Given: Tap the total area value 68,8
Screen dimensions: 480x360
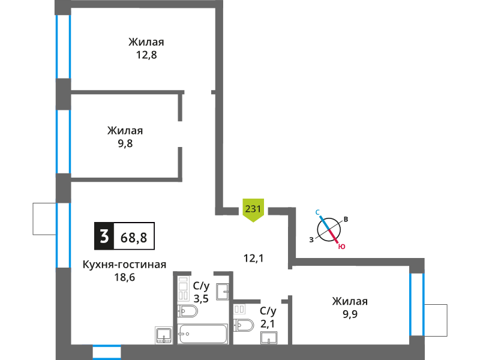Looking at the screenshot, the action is pyautogui.click(x=134, y=238).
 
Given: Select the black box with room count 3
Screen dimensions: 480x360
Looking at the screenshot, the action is pyautogui.click(x=104, y=236).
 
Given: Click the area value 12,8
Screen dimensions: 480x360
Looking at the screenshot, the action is pyautogui.click(x=146, y=55).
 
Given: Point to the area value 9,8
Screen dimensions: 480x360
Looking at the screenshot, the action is pyautogui.click(x=125, y=143).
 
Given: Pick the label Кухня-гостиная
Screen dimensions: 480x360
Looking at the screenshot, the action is pyautogui.click(x=124, y=265).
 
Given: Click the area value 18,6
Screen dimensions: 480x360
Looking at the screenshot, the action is pyautogui.click(x=125, y=278).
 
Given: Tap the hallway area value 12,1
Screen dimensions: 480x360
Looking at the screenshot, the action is pyautogui.click(x=253, y=259).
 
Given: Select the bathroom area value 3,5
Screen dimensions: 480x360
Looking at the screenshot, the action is pyautogui.click(x=201, y=298).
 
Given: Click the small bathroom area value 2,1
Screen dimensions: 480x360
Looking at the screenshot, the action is pyautogui.click(x=268, y=323).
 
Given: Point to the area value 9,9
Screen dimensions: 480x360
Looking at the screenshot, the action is pyautogui.click(x=350, y=314).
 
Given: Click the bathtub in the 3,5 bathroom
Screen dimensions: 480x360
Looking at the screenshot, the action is pyautogui.click(x=203, y=334).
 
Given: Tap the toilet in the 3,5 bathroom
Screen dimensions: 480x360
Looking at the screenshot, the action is pyautogui.click(x=187, y=311).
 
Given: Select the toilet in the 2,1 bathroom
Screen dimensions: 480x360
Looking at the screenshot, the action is pyautogui.click(x=244, y=325).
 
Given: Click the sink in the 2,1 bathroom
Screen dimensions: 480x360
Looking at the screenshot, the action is pyautogui.click(x=269, y=338).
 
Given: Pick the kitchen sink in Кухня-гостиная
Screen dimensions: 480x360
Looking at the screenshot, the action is pyautogui.click(x=164, y=336).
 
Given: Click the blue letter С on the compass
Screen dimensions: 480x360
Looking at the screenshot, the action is pyautogui.click(x=318, y=212).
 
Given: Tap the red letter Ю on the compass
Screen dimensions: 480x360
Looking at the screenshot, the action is pyautogui.click(x=341, y=247).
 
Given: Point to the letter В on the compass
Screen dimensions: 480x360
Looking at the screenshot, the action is pyautogui.click(x=346, y=219).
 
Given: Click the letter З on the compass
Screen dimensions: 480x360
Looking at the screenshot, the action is pyautogui.click(x=311, y=240).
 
